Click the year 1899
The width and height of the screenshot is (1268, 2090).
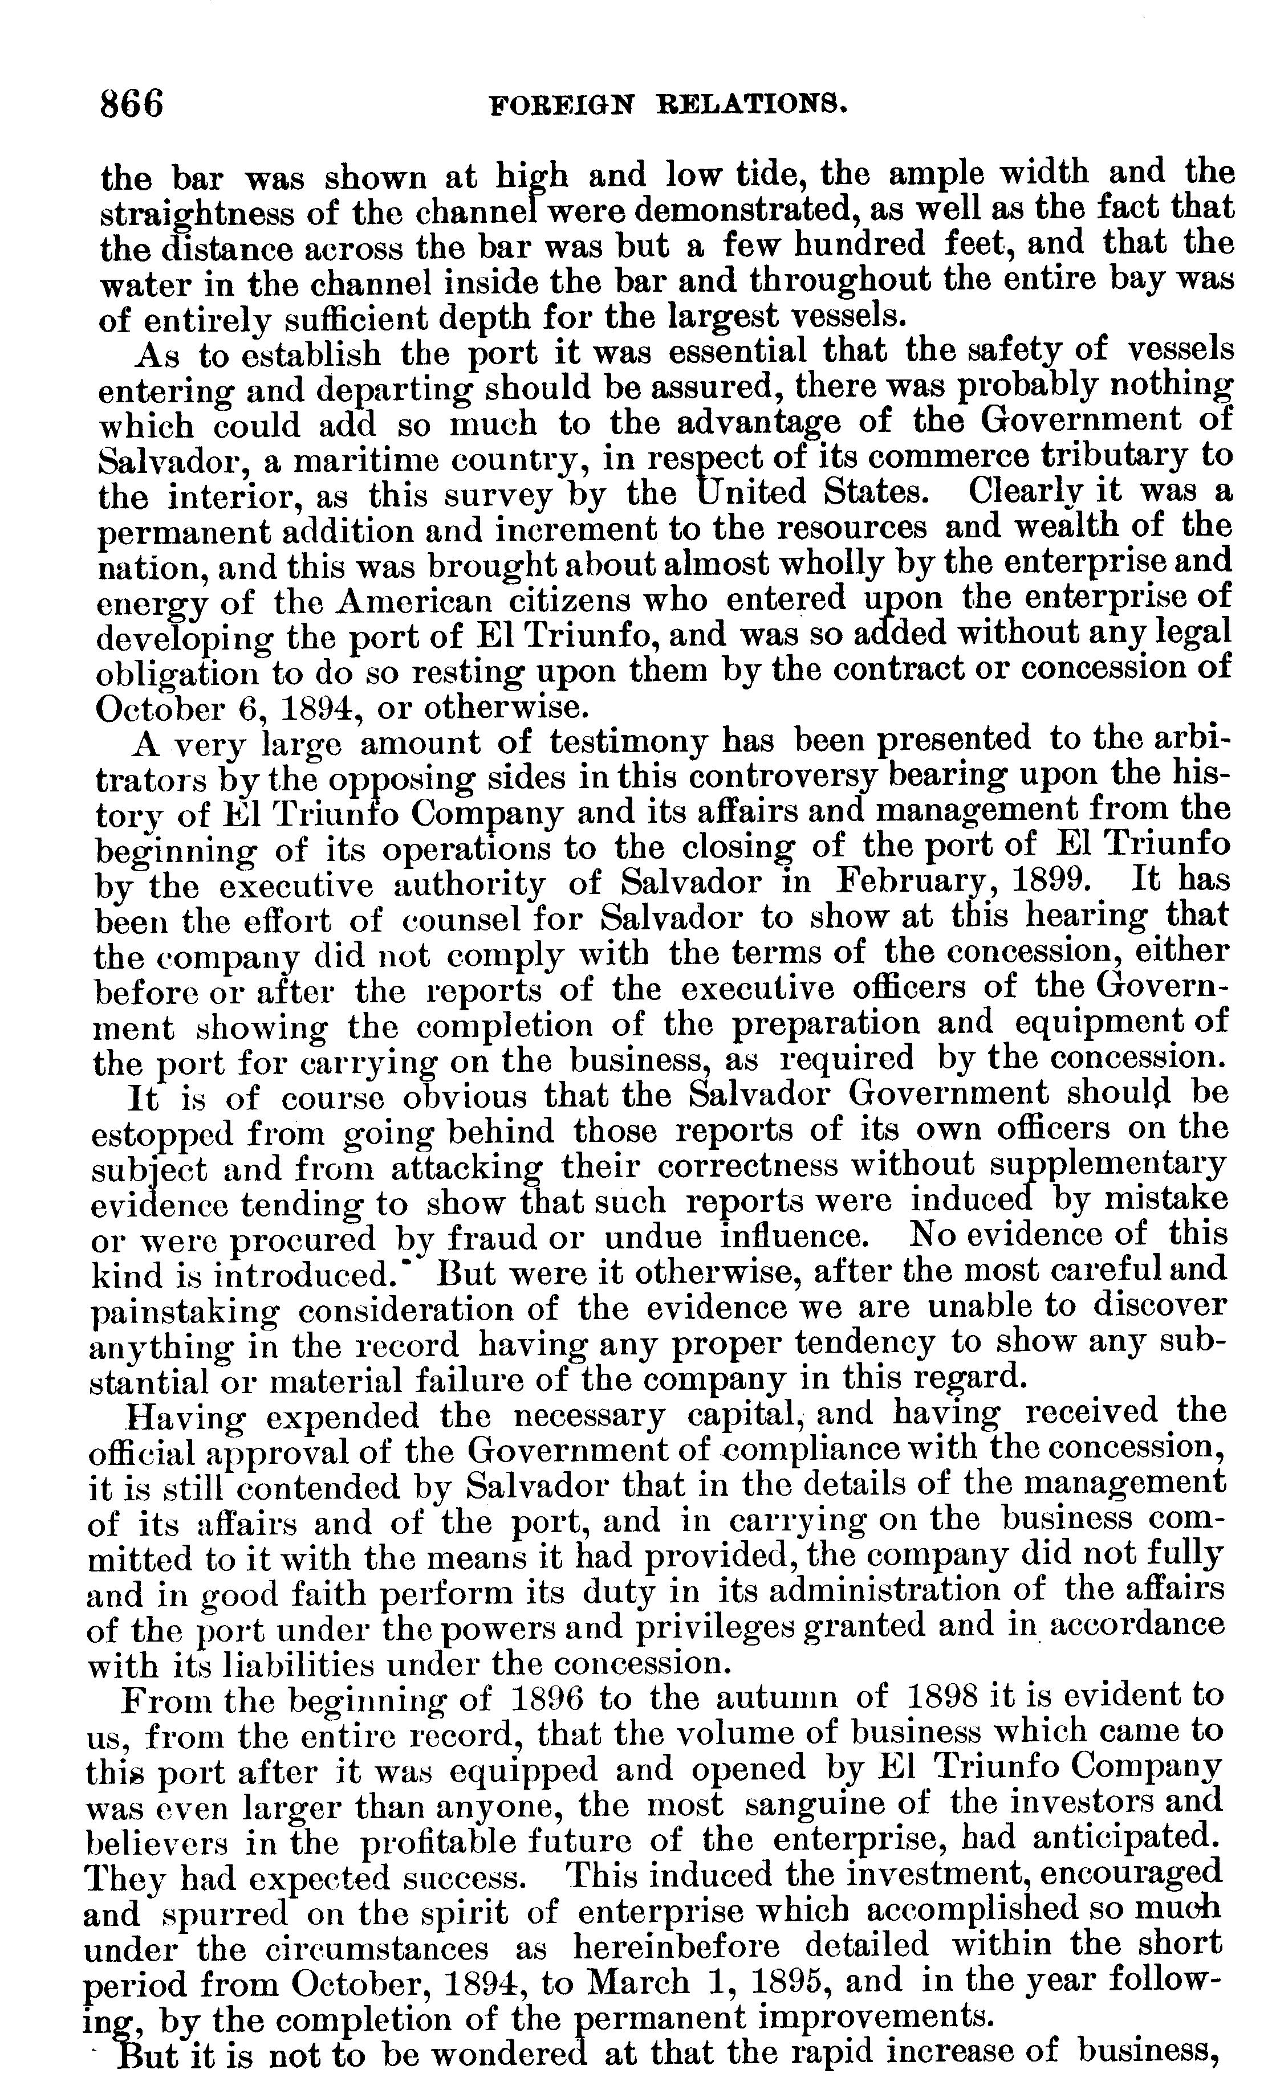tap(1052, 881)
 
